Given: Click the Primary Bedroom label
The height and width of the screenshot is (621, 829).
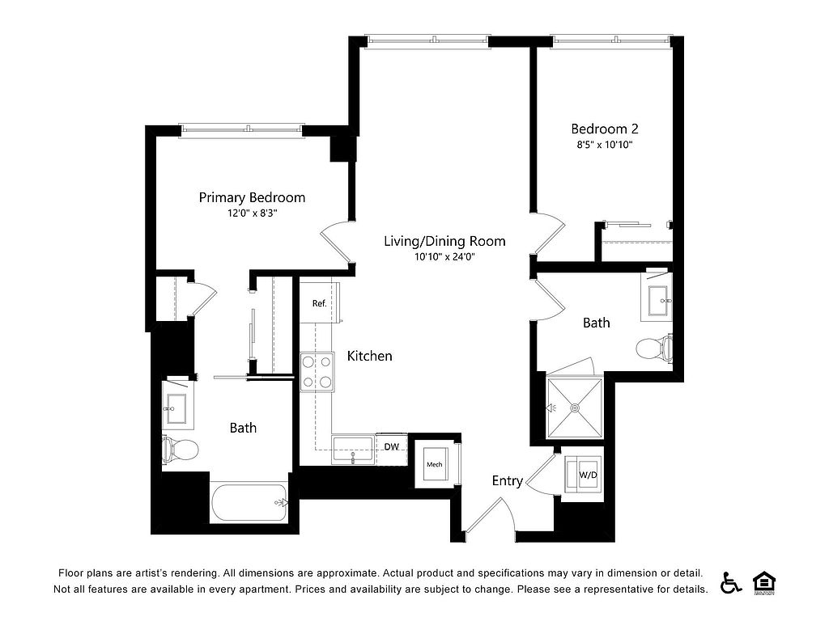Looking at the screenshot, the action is point(252,197).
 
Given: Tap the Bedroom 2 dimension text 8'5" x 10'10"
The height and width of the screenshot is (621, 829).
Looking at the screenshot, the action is point(605,145).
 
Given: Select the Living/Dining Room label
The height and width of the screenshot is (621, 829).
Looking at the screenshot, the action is point(444,241).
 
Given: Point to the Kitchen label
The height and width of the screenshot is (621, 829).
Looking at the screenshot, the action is point(369,356).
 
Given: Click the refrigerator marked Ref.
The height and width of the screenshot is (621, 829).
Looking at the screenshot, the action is point(320,302).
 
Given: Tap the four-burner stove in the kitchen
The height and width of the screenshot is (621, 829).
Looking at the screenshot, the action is point(317,372).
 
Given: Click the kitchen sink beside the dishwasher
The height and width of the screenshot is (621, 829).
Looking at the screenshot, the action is point(354,450).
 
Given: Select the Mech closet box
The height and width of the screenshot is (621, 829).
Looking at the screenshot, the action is point(435,464).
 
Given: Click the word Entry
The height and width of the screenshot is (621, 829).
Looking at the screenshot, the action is point(508,480).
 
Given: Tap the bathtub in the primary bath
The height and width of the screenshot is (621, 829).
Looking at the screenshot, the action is point(249,503).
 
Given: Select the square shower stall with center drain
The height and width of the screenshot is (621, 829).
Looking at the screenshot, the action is point(574,408).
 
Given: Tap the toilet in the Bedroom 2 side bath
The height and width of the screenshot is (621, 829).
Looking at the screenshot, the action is point(654,349).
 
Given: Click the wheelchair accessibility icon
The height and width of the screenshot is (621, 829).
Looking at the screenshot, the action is point(731,582).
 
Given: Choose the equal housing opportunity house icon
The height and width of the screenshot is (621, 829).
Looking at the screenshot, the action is point(764,583).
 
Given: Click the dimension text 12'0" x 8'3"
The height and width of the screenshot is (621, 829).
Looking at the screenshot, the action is point(253,213).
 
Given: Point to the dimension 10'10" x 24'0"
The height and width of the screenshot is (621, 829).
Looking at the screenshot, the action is point(444,257).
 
